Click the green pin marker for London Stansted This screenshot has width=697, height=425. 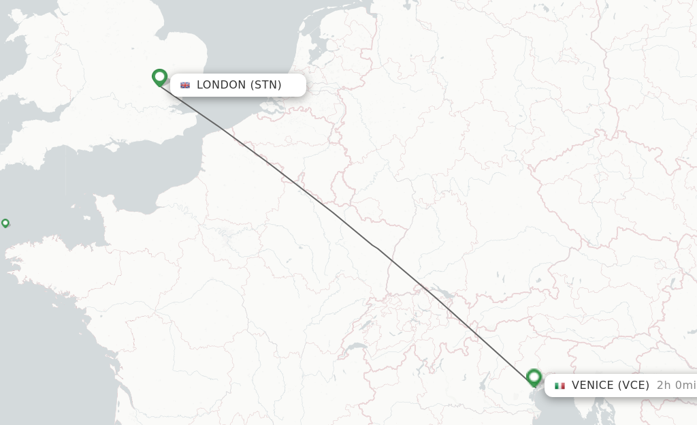160,77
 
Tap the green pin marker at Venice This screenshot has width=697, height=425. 534,377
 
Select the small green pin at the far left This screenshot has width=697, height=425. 5,223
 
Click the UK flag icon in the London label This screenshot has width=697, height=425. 185,85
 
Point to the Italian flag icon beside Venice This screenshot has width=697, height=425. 560,385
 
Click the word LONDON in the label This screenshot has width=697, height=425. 221,85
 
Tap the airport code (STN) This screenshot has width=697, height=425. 266,85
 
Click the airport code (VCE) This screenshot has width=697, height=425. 635,385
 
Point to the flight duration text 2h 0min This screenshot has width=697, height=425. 676,385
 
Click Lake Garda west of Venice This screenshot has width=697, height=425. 484,378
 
